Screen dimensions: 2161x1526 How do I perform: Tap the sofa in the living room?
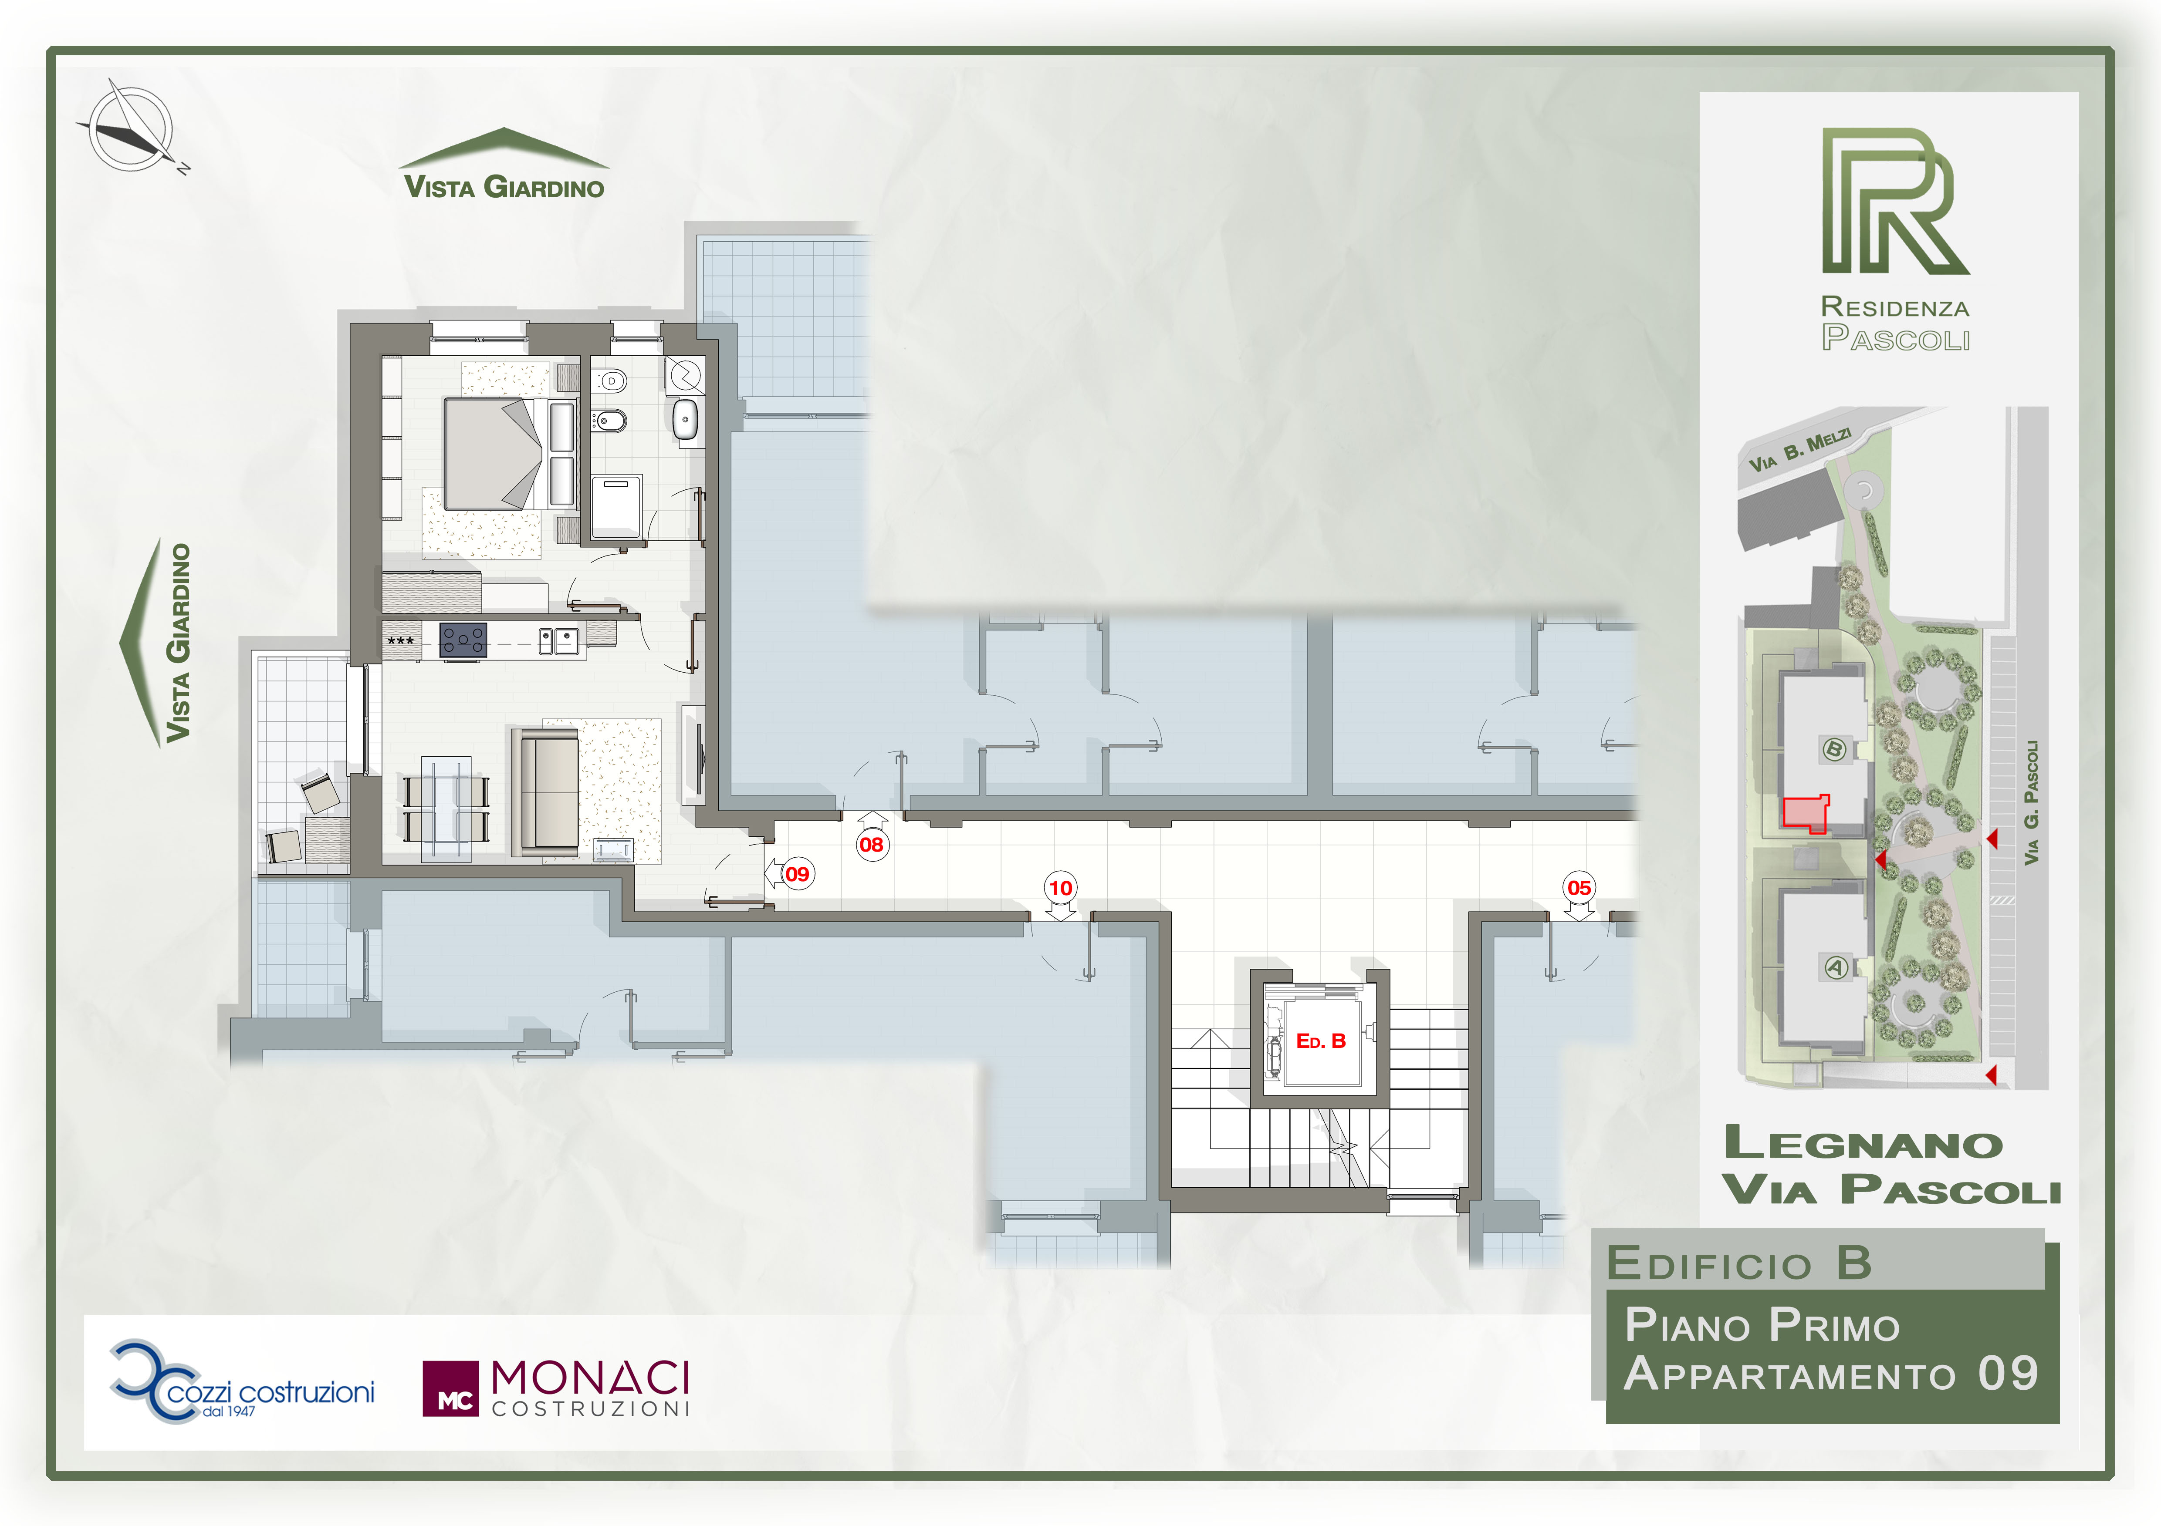tap(544, 791)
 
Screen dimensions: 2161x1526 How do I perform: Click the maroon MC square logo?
tap(450, 1389)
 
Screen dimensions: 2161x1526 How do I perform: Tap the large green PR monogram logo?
tap(1894, 201)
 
